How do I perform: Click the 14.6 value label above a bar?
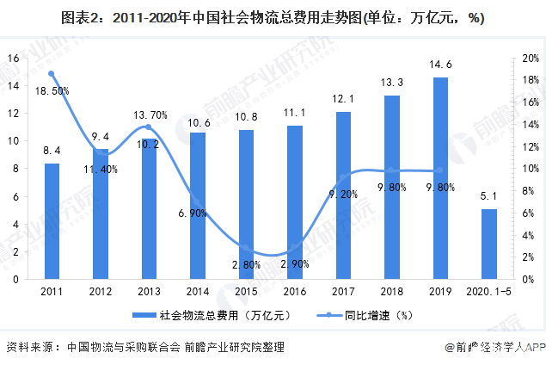click(x=440, y=65)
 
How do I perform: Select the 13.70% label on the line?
click(x=150, y=114)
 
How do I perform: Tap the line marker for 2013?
click(x=149, y=127)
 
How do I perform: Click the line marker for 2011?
click(x=52, y=74)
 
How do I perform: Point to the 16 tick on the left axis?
click(x=13, y=58)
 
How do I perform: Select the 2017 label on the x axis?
click(x=343, y=293)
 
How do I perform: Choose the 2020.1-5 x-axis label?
click(x=488, y=293)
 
